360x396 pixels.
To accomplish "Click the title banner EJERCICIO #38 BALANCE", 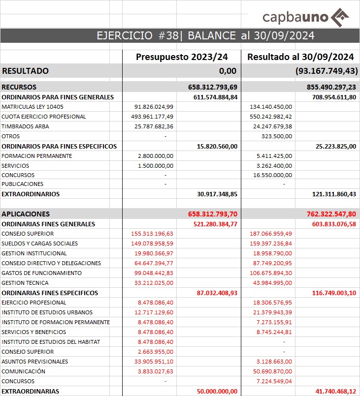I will [x=205, y=35].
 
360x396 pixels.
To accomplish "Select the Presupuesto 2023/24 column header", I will [x=182, y=57].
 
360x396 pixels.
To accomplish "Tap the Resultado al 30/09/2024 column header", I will [x=300, y=57].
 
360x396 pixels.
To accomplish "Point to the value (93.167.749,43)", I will [x=327, y=71].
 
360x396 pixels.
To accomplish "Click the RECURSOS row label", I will [x=19, y=87].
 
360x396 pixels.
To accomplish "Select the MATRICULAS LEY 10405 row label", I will [x=33, y=107].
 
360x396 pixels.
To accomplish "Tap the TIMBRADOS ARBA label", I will [x=25, y=126].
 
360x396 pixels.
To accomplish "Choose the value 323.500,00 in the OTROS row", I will [x=277, y=136].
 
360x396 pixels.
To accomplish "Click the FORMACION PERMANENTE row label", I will [x=37, y=156].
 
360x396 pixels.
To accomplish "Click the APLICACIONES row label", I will [x=26, y=214].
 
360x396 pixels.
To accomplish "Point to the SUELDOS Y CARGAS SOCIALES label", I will [x=40, y=244].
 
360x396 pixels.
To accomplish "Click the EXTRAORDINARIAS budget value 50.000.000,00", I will [x=214, y=391].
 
